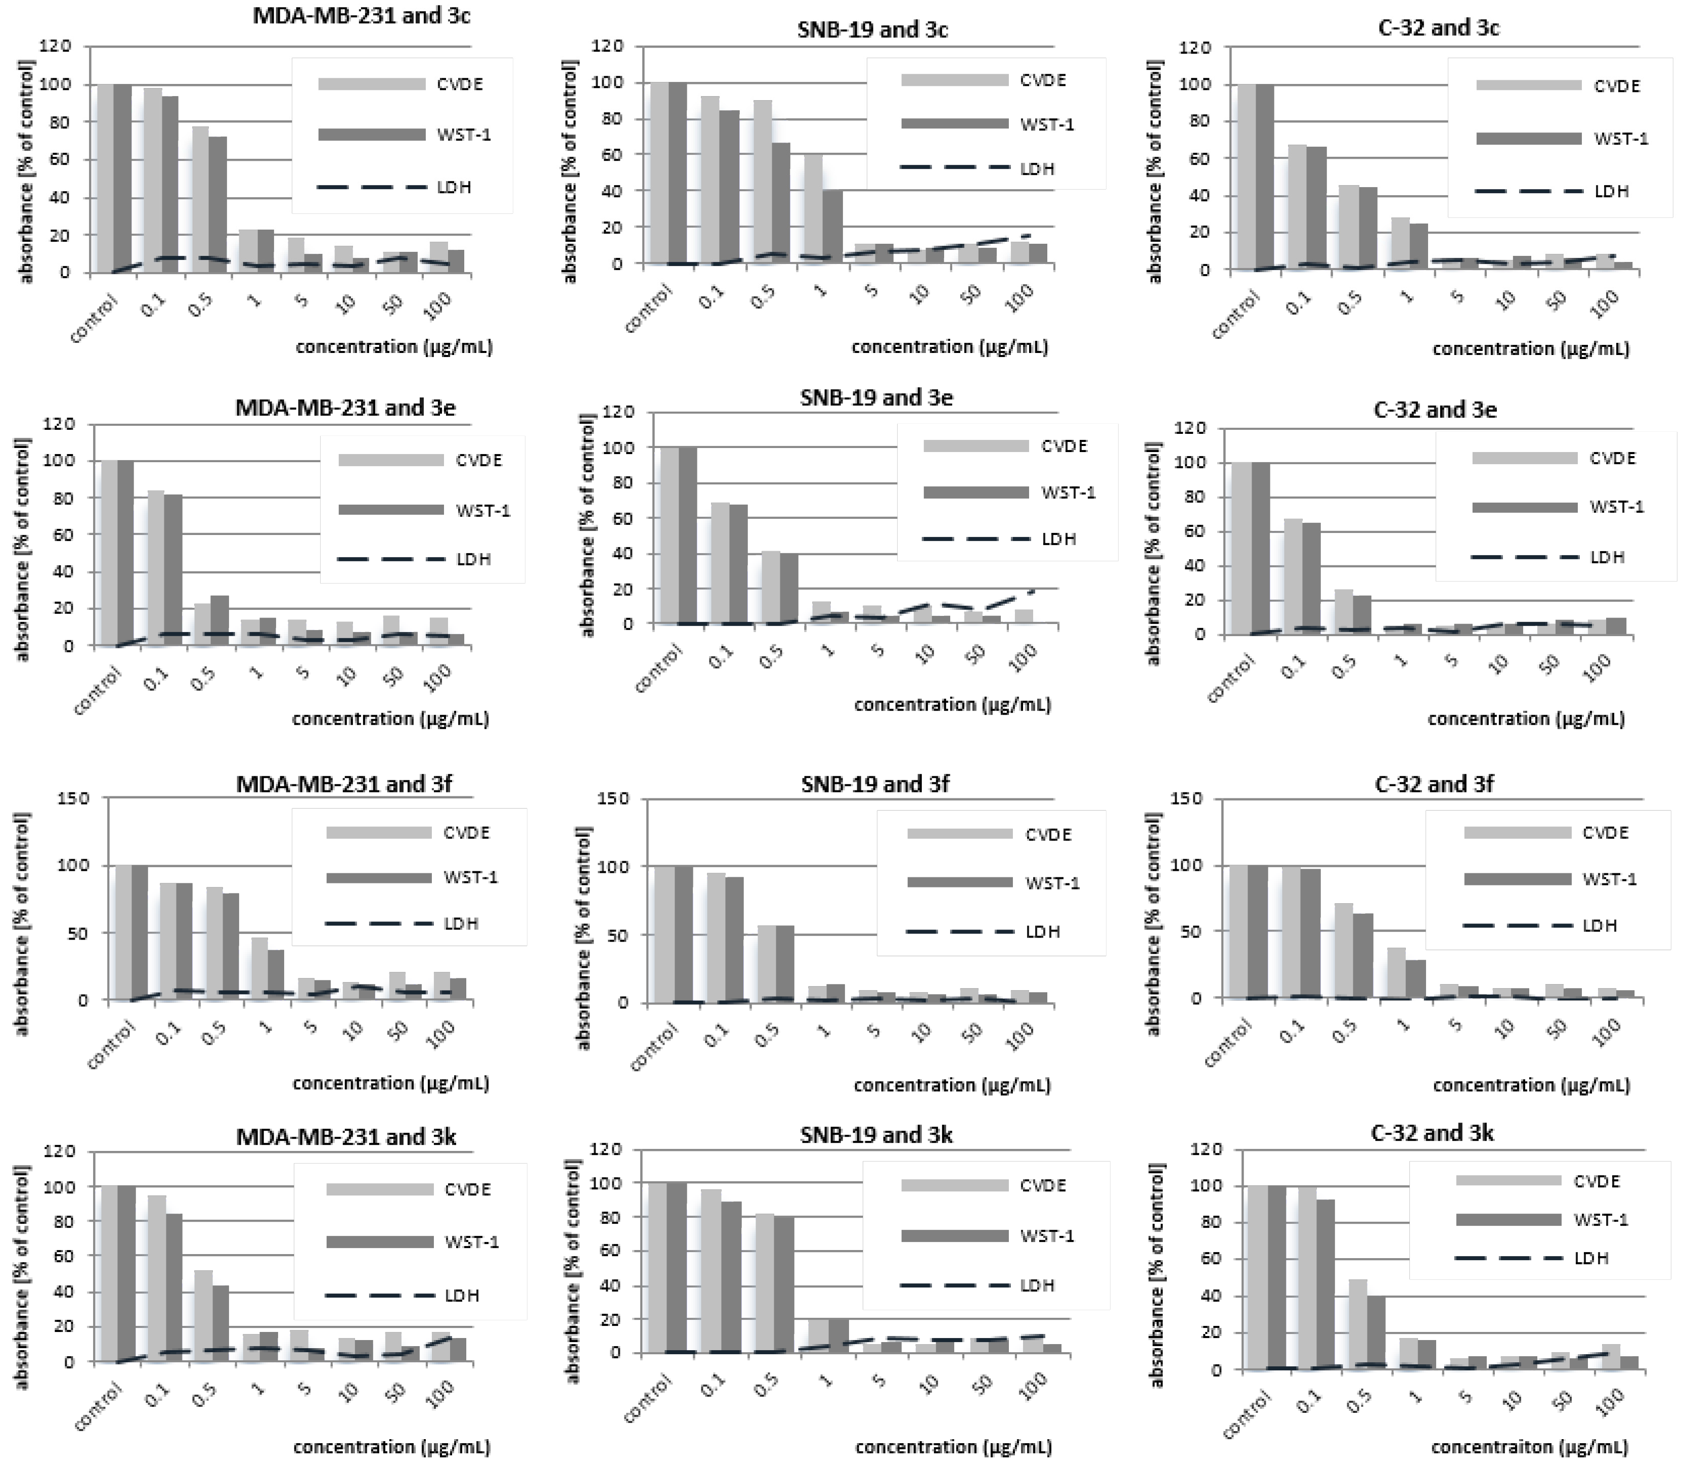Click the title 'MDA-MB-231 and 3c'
click(x=361, y=16)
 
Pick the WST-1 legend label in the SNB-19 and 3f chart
click(x=1052, y=882)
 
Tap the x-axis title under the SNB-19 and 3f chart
click(x=952, y=1085)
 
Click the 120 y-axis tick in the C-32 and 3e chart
click(x=1189, y=427)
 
